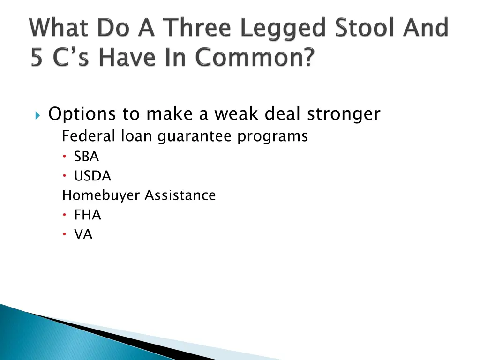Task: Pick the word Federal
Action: [89, 136]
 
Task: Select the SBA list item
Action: [86, 157]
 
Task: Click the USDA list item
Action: [92, 176]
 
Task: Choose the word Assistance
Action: [180, 195]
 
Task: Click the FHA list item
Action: [88, 215]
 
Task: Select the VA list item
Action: [83, 235]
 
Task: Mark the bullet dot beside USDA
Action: [65, 176]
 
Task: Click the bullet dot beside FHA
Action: [65, 215]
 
